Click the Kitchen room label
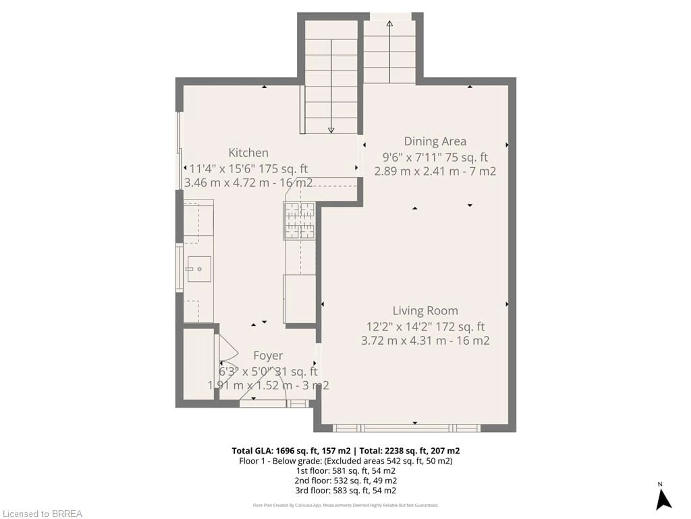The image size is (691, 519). pos(248,153)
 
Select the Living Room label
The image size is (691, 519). pos(425,311)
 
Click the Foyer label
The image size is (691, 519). pos(268,355)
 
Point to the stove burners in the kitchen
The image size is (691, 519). pos(299,221)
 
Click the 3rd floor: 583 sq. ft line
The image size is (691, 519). pos(345,490)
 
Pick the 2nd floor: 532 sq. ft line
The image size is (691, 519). pos(345,480)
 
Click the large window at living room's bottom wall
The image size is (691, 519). pos(406,428)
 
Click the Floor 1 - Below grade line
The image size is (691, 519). pos(345,461)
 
